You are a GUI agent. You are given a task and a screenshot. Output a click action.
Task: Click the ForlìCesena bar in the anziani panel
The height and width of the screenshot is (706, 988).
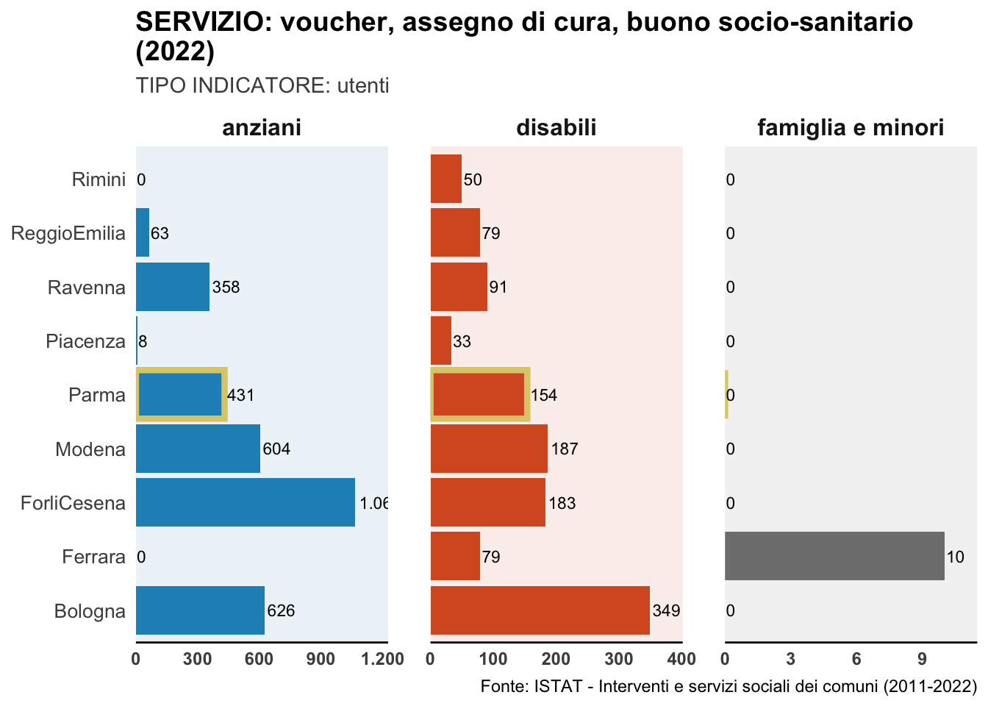click(245, 502)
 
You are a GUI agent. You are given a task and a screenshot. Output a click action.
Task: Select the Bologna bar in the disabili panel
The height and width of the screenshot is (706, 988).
click(540, 610)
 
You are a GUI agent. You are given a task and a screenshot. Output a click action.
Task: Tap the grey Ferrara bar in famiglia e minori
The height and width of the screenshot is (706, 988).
click(834, 556)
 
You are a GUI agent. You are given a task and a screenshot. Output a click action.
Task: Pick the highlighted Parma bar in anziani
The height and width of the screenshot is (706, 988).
click(181, 395)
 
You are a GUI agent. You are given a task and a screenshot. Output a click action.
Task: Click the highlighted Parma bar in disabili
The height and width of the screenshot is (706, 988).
click(479, 395)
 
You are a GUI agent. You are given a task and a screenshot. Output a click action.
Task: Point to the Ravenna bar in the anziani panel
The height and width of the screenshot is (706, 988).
click(173, 287)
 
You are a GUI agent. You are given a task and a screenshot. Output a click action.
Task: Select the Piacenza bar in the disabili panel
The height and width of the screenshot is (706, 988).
click(441, 341)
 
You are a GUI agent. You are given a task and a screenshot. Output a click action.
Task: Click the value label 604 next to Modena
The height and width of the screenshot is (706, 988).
click(276, 449)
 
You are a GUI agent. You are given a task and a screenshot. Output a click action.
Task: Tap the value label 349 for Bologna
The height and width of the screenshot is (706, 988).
click(666, 610)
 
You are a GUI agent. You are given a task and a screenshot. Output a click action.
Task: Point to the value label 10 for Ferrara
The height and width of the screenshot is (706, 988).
click(955, 557)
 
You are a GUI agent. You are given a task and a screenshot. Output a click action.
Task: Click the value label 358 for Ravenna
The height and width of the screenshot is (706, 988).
click(226, 287)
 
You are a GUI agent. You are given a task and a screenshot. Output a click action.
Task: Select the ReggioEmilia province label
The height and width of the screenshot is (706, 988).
click(68, 234)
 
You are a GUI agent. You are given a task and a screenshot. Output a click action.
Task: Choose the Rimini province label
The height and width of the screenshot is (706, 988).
click(99, 179)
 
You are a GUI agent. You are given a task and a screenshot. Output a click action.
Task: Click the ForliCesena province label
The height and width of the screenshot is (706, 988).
click(74, 503)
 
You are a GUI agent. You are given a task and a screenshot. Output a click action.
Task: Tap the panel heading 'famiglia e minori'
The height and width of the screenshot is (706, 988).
click(851, 128)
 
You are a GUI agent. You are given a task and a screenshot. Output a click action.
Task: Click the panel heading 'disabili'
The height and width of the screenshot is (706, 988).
click(556, 128)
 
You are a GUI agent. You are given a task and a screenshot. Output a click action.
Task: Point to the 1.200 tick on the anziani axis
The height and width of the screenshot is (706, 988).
click(384, 658)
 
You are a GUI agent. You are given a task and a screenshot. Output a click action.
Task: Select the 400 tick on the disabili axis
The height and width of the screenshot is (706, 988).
click(682, 658)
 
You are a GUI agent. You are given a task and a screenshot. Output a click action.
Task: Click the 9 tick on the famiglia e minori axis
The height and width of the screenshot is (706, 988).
click(922, 658)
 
